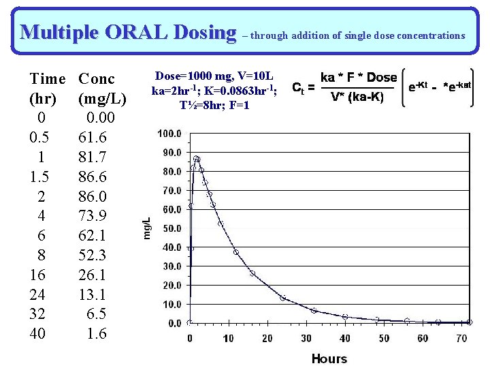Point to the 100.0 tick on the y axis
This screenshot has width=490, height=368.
169,134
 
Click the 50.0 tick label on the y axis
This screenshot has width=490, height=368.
171,228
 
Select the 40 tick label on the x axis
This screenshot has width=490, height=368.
345,338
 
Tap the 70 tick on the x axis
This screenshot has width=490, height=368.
462,338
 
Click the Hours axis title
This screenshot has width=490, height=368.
329,358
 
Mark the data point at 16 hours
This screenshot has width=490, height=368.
252,273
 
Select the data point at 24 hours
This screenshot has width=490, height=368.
283,298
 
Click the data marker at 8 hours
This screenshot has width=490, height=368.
220,224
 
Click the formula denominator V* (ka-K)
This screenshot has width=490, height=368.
357,97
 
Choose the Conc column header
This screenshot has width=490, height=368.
97,78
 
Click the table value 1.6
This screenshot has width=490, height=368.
97,333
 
